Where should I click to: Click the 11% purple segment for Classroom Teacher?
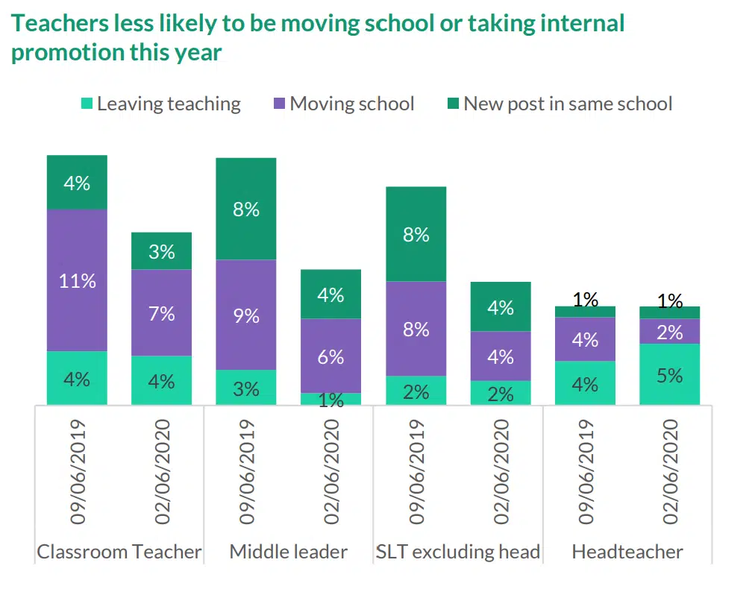77,280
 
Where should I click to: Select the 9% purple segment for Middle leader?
246,315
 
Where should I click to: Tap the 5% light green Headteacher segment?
669,374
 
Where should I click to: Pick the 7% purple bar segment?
161,312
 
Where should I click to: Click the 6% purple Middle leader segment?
330,356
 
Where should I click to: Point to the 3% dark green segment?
161,251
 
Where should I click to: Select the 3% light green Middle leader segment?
246,387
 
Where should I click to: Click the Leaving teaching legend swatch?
86,104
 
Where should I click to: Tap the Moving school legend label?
351,104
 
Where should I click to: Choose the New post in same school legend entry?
567,104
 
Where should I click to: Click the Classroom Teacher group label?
119,552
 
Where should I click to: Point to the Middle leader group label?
288,552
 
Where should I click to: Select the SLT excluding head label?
457,552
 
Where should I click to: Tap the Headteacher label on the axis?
627,552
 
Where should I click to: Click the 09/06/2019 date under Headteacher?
585,470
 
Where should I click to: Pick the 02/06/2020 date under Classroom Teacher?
161,470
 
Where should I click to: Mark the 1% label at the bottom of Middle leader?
330,401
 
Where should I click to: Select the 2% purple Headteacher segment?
669,331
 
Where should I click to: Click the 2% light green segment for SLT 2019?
416,391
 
